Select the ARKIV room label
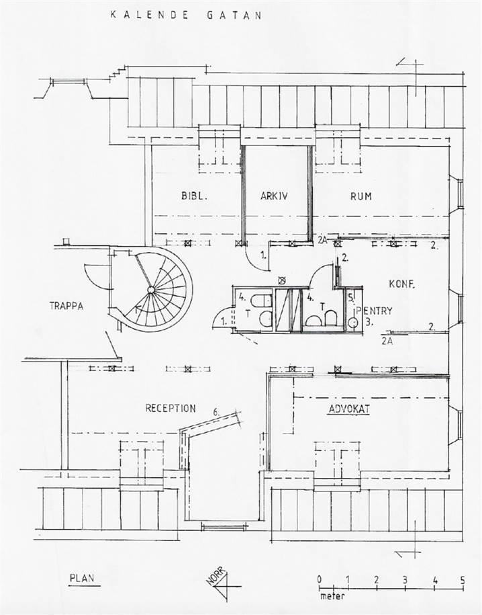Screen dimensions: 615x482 click(x=274, y=197)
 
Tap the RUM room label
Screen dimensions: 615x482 click(x=360, y=197)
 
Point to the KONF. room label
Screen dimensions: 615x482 click(x=402, y=284)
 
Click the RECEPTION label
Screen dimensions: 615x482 click(x=171, y=408)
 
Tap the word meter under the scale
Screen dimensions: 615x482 click(x=329, y=595)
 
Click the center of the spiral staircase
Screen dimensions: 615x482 click(x=152, y=289)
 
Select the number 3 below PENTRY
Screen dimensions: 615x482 click(x=369, y=321)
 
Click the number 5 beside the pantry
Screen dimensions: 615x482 click(x=351, y=296)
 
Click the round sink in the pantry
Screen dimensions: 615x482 click(x=352, y=323)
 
